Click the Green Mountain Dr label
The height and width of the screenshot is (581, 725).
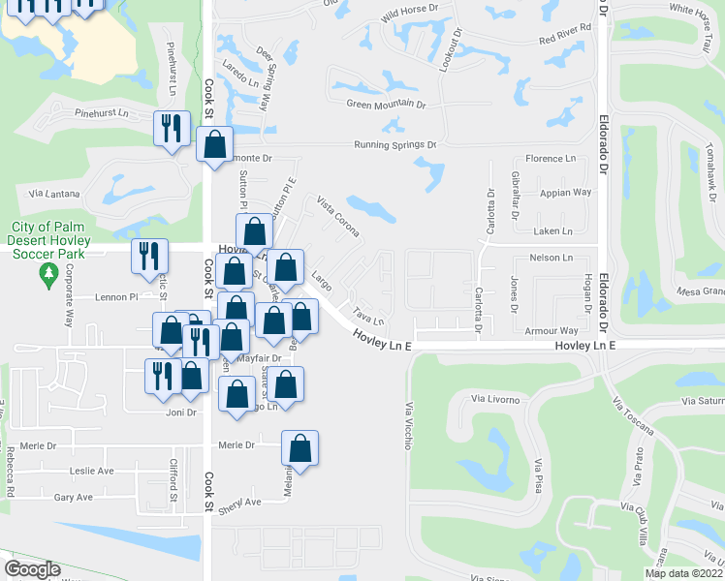click(x=388, y=104)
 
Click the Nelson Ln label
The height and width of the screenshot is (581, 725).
click(x=552, y=259)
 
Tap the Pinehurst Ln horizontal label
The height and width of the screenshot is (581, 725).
click(x=102, y=113)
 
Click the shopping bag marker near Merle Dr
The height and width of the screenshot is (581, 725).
click(x=299, y=448)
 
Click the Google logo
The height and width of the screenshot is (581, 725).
click(x=32, y=569)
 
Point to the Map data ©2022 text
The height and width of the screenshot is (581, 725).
click(x=684, y=573)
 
